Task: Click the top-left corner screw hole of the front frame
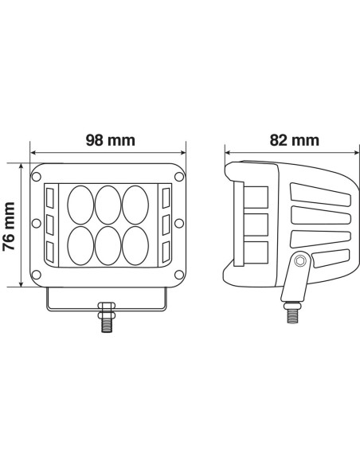(38, 174)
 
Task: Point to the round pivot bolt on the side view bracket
(299, 260)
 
